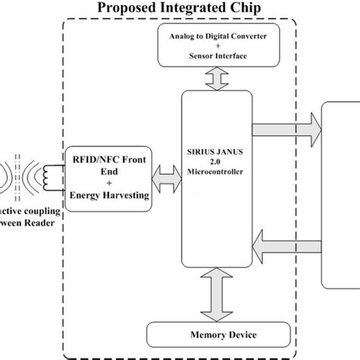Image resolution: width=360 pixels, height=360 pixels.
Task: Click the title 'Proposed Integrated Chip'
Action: pyautogui.click(x=179, y=9)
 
